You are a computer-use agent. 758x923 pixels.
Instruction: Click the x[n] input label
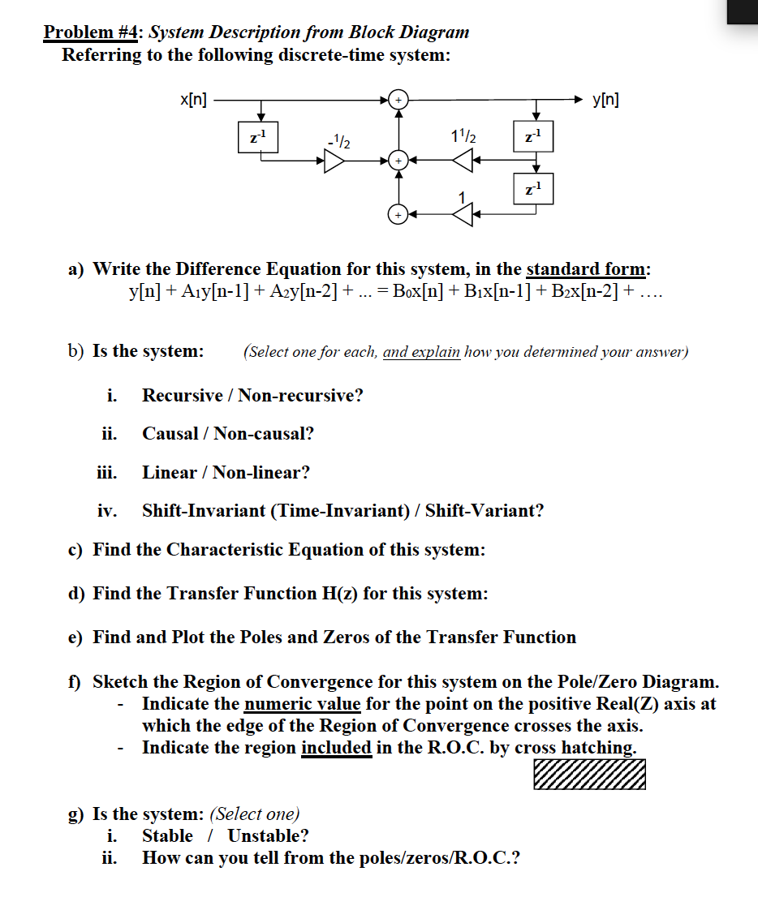coord(192,100)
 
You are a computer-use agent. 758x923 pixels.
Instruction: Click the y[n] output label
coord(608,100)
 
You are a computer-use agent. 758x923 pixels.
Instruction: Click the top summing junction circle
coord(398,100)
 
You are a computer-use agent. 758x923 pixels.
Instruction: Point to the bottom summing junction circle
coord(398,214)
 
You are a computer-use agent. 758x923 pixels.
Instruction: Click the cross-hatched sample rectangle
coord(590,774)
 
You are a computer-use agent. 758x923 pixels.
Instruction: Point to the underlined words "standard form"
coord(586,268)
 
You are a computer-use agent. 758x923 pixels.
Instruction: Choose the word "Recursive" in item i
coord(182,396)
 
